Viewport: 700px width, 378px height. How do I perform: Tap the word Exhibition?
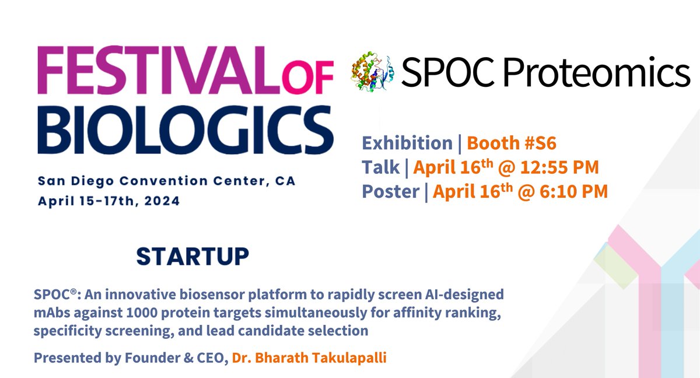[407, 143]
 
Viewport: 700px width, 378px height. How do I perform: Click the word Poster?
[390, 191]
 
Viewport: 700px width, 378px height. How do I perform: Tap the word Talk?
[380, 167]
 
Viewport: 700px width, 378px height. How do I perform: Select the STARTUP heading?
[192, 256]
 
